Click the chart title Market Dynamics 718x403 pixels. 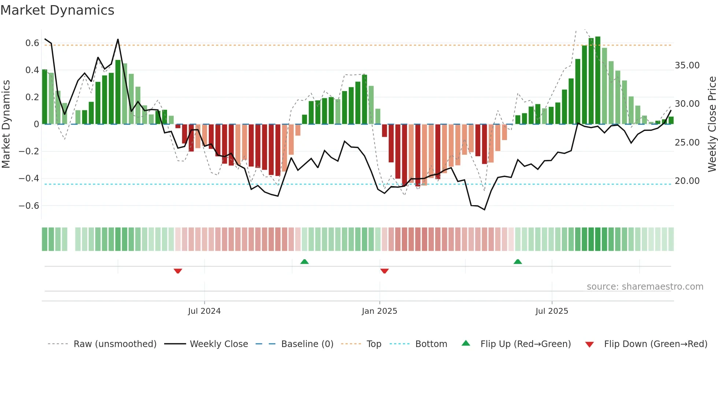(57, 10)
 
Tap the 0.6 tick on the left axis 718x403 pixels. (32, 43)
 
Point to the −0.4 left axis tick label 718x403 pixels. (29, 178)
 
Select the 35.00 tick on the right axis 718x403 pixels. (687, 65)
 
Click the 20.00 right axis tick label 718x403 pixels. (687, 181)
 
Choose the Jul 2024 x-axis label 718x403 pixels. (204, 311)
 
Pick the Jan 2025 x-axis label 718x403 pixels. (379, 311)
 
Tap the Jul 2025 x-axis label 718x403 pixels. (551, 311)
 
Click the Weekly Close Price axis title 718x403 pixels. (712, 124)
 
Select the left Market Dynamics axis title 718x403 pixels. (6, 124)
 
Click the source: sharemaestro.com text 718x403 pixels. (645, 287)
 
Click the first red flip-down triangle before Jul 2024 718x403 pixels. (178, 271)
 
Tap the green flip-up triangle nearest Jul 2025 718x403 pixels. (518, 261)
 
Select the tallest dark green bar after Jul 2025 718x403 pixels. (597, 80)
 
